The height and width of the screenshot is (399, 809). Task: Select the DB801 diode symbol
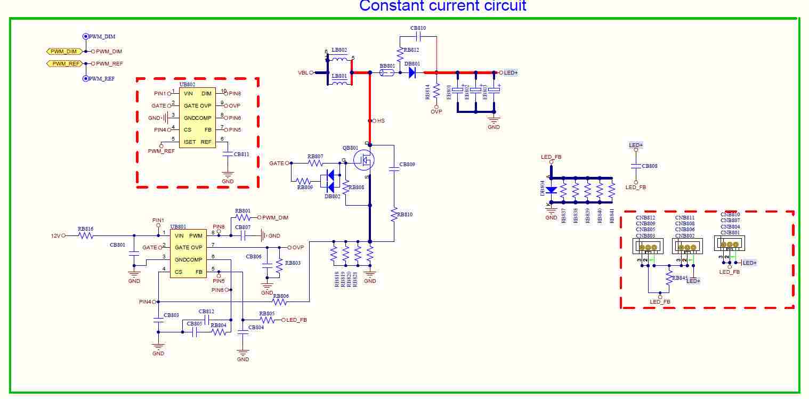click(x=412, y=72)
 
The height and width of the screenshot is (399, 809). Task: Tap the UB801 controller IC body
click(x=189, y=254)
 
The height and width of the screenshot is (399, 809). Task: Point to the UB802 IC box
click(x=197, y=118)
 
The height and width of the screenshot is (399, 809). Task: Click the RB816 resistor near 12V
click(x=86, y=235)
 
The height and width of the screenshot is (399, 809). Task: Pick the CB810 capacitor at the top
click(x=418, y=36)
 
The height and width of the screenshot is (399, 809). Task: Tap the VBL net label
click(x=303, y=72)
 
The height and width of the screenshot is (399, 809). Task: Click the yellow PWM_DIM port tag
click(x=64, y=51)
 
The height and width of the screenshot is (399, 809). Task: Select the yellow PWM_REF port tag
click(x=64, y=63)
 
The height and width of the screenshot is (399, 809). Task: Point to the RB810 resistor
click(x=394, y=215)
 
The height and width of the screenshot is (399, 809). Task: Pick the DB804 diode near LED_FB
click(x=551, y=190)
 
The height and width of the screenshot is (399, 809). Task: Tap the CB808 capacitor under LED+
click(x=636, y=166)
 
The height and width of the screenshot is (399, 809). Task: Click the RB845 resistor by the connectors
click(x=669, y=277)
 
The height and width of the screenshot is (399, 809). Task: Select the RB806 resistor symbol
click(x=280, y=302)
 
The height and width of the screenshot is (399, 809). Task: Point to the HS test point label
click(x=381, y=121)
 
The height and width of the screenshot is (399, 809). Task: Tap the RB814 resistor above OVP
click(x=436, y=92)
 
